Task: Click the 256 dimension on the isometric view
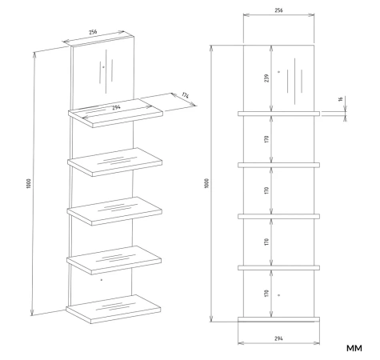coord(93,32)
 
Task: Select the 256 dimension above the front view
coord(278,10)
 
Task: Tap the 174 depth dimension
coord(186,95)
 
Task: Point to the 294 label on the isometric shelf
coord(116,107)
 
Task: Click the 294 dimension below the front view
coord(278,338)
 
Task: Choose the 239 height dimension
coord(267,78)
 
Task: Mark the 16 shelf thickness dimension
coord(340,99)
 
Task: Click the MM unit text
coord(354,348)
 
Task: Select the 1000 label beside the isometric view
coord(29,184)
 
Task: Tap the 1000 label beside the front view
coord(206,183)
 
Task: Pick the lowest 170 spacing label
coord(267,294)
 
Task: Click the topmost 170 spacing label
coord(267,139)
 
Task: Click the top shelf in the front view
coord(278,114)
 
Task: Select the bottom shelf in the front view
coord(278,319)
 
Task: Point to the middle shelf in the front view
coord(278,217)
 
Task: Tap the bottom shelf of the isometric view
coord(114,309)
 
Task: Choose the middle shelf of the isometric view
coord(114,211)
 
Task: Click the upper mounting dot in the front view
coord(279,72)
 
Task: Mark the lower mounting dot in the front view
coord(279,295)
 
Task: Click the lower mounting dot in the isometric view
coord(102,280)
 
